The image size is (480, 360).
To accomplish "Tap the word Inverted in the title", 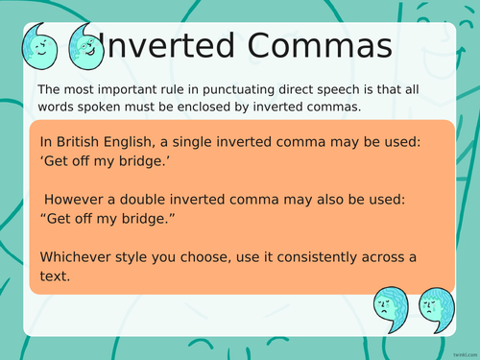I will [170, 46].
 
